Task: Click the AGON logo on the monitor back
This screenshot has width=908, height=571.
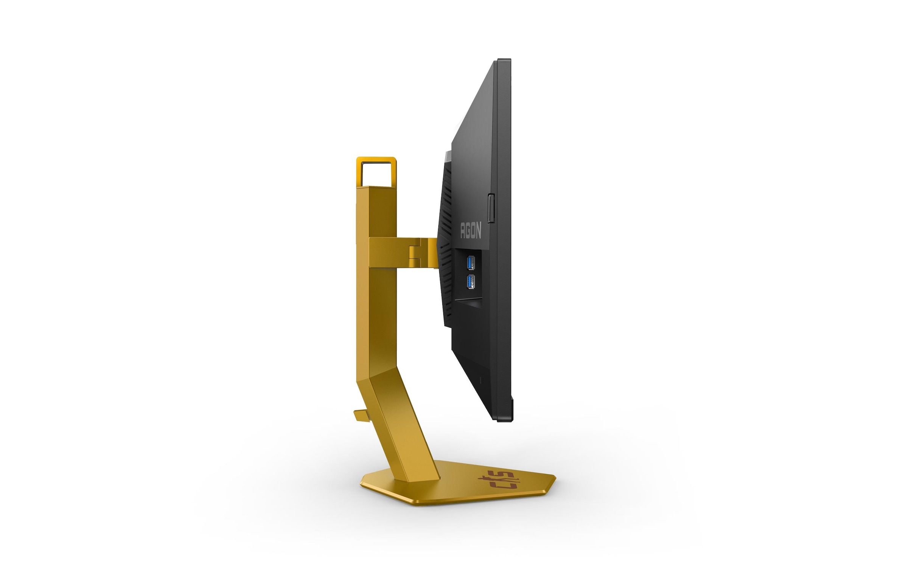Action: click(x=471, y=230)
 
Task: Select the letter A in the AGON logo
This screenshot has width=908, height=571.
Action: click(x=463, y=230)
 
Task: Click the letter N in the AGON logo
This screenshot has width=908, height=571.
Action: click(x=478, y=231)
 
